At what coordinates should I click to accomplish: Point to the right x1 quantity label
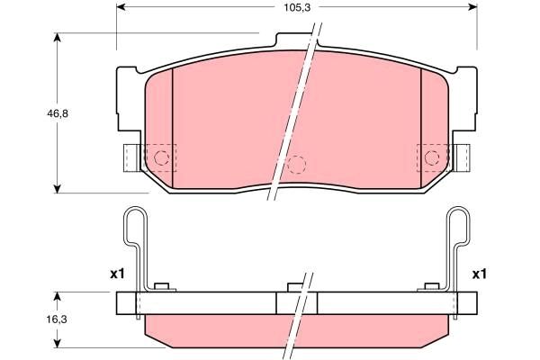pos(480,274)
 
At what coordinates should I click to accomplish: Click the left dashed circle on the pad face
pos(163,158)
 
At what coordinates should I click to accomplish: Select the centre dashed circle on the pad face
pos(298,164)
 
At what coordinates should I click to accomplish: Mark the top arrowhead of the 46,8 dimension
pos(58,38)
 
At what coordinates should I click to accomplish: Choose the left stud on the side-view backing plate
pos(162,288)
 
